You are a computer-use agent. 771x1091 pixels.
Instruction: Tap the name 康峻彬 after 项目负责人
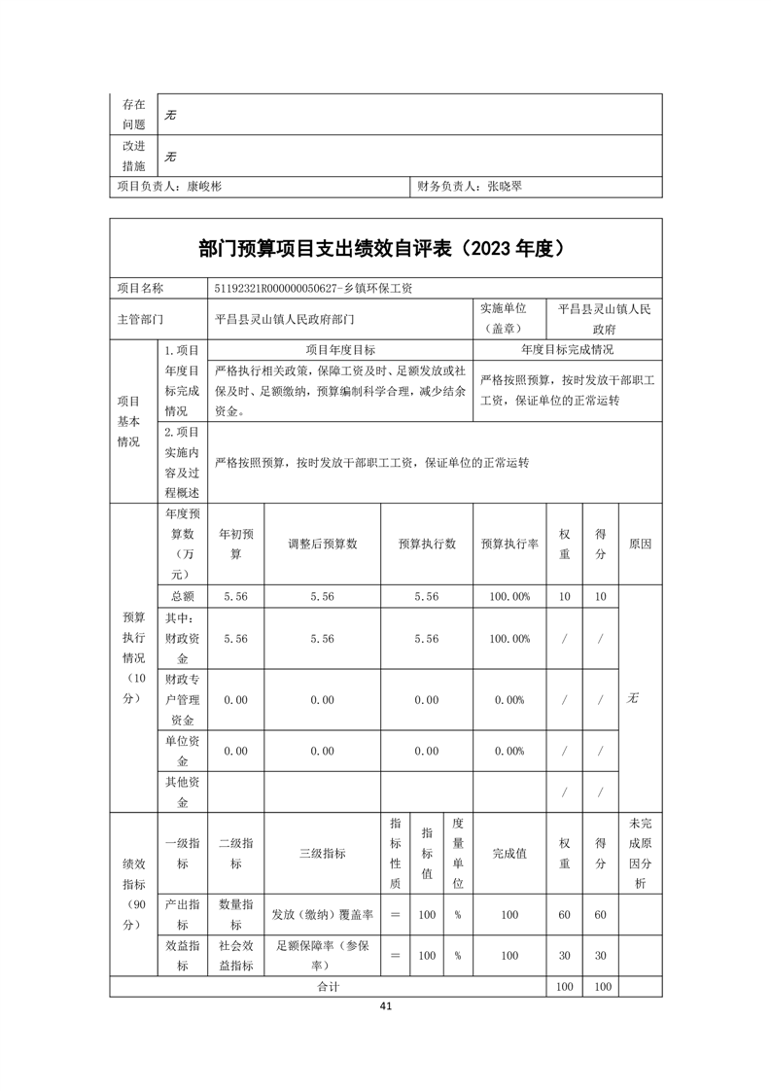pos(204,186)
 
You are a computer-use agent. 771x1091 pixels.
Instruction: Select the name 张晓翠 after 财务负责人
pos(505,186)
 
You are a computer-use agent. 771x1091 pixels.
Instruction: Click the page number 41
pos(386,1005)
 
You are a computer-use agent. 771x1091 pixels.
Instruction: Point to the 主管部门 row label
pos(140,318)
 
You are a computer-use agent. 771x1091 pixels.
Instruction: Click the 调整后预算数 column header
pos(322,544)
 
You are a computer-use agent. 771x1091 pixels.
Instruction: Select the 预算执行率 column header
pos(509,544)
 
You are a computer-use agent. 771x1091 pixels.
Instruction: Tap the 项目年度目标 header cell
pos(340,350)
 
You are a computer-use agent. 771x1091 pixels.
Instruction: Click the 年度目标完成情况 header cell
pos(567,350)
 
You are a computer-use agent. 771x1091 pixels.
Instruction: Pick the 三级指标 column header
pos(322,853)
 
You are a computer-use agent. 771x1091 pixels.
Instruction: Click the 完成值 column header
pos(509,853)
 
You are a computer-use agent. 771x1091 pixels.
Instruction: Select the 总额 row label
pos(182,596)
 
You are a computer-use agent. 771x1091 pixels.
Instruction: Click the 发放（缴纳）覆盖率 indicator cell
pos(322,915)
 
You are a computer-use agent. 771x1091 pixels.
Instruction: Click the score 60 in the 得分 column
pos(600,915)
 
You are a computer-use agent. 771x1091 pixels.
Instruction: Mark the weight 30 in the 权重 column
pos(564,956)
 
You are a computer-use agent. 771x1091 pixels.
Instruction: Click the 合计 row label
pos(328,986)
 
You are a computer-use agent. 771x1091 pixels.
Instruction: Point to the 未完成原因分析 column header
pos(640,853)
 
